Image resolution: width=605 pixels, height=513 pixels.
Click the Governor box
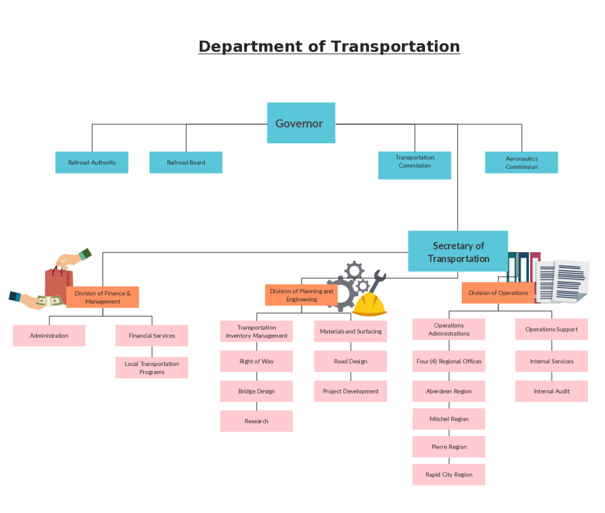tap(301, 123)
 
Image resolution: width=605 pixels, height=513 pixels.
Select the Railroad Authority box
tap(92, 162)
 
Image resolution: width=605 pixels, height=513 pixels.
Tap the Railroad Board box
tap(186, 162)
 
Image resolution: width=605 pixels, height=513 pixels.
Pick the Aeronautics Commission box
tap(522, 162)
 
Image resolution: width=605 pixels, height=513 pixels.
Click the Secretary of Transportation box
tap(458, 252)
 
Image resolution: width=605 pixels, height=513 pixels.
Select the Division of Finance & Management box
tap(102, 297)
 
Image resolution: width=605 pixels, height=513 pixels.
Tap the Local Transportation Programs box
tap(152, 368)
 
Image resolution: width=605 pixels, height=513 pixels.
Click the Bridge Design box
tap(256, 391)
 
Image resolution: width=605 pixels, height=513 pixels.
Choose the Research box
tap(256, 421)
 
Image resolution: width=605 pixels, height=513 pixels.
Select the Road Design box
tap(350, 361)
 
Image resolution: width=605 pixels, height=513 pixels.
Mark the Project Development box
tap(350, 391)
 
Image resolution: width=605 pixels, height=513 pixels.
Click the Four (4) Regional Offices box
tap(449, 361)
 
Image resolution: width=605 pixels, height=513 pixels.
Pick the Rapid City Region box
tap(449, 475)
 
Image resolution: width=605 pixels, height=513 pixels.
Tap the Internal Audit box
tap(551, 391)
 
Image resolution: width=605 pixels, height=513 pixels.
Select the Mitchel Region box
tap(449, 419)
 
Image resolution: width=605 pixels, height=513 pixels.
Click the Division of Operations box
tap(498, 293)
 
